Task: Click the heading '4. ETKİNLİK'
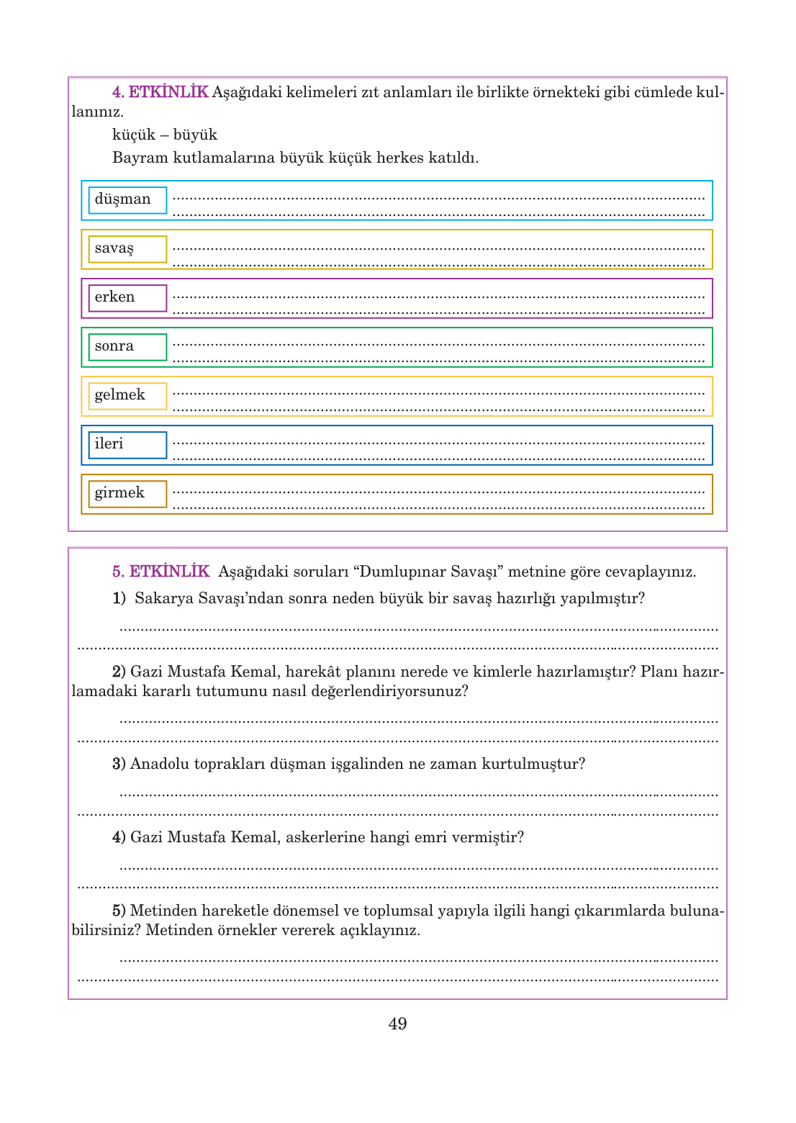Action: point(160,92)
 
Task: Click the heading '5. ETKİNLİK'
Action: point(160,572)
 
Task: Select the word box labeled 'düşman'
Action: point(127,200)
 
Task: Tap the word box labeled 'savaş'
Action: point(127,249)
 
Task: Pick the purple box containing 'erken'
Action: point(127,298)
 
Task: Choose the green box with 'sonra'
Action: point(127,347)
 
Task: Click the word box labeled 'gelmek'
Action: point(127,396)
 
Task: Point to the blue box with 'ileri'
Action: point(127,445)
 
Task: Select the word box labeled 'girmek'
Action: point(127,494)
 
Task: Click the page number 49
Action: point(397,1024)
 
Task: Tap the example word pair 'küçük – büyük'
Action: point(164,135)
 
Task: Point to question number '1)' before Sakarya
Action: point(119,598)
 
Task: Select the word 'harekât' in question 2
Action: point(313,672)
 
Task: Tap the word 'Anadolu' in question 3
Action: point(159,764)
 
